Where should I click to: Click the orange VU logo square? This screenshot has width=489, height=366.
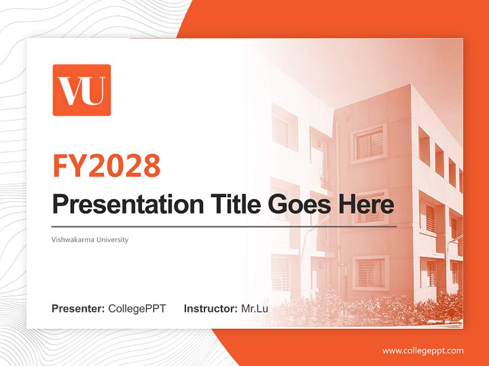tap(81, 90)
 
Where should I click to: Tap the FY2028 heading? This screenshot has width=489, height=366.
tap(106, 166)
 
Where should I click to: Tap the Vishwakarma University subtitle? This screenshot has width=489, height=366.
tap(90, 239)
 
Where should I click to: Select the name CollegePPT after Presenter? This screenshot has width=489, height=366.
tap(137, 308)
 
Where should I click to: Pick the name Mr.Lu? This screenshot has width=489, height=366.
tap(254, 308)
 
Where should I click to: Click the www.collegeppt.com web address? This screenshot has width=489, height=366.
tap(423, 350)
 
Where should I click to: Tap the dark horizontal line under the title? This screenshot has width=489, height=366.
tap(224, 226)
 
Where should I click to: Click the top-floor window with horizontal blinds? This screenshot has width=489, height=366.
tap(369, 144)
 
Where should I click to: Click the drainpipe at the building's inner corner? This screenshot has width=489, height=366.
tap(337, 203)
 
